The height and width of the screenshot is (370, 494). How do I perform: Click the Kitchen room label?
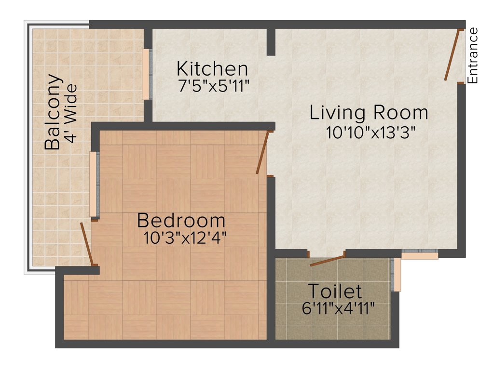click(212, 68)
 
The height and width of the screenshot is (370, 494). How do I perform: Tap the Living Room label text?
click(369, 112)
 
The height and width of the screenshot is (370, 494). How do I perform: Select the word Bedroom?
click(181, 221)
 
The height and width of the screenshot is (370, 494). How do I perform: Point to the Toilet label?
click(335, 291)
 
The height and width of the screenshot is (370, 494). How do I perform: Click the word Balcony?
click(53, 112)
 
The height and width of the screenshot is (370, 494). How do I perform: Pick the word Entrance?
click(473, 55)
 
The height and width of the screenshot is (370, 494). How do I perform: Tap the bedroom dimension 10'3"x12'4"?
click(185, 238)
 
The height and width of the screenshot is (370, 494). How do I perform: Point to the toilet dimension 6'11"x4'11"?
click(338, 308)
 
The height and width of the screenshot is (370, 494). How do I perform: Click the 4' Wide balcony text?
click(71, 114)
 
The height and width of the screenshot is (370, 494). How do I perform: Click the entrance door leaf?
click(452, 55)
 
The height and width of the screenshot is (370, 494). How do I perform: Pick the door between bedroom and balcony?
click(87, 244)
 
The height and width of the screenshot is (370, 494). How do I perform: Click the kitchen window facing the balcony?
click(146, 74)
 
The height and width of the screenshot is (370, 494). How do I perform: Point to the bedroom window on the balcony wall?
click(94, 184)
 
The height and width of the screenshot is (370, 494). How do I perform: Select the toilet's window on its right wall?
click(397, 275)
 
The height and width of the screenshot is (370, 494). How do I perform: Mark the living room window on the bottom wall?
click(420, 254)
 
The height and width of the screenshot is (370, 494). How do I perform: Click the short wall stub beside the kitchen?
click(271, 42)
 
